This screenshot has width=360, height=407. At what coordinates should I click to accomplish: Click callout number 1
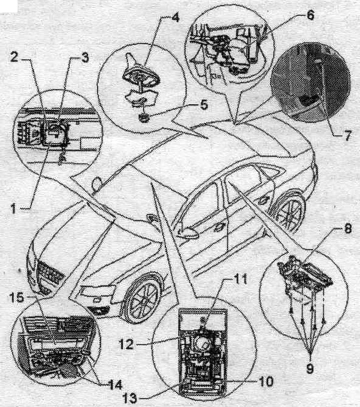14,208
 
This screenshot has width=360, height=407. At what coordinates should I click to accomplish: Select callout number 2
15,57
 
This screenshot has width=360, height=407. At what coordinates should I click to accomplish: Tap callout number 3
85,57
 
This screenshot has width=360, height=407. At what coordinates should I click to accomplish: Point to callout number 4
175,17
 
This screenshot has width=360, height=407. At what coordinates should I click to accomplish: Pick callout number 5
203,105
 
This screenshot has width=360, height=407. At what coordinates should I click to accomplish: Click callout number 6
309,15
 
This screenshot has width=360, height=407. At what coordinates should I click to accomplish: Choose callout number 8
347,228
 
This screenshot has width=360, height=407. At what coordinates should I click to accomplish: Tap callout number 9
310,368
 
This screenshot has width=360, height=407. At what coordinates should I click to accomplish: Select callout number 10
265,381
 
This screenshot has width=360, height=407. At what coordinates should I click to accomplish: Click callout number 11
240,279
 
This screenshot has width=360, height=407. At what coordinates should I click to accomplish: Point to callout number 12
126,344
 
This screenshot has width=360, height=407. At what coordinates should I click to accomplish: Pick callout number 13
130,397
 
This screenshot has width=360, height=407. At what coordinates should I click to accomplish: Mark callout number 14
114,384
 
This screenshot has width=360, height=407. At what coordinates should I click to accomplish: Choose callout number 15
17,297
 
